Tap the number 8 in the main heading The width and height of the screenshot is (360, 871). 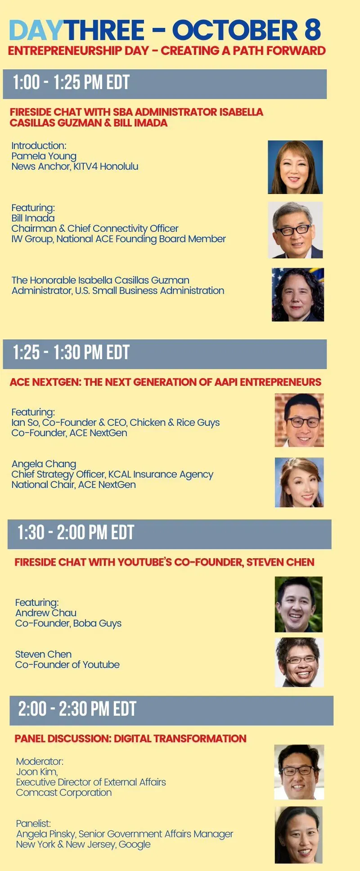(312, 30)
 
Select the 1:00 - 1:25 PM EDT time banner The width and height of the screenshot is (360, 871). (165, 84)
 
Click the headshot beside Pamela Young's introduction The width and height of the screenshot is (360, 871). (295, 167)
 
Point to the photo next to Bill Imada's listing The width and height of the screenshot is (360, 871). (295, 230)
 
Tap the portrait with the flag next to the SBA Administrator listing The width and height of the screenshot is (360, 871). (298, 295)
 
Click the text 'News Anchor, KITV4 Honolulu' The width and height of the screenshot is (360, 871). (75, 167)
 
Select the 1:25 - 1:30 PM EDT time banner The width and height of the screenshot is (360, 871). (165, 354)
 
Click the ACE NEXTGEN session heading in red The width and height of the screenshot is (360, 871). (166, 382)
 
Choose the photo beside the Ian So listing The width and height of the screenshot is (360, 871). (299, 420)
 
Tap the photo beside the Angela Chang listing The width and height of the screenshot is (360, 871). (299, 483)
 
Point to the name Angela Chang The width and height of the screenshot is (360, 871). (44, 464)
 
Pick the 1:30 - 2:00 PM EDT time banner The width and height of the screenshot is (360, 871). (169, 534)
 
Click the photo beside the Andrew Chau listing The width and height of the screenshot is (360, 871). (299, 604)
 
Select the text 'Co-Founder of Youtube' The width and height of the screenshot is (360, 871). (67, 665)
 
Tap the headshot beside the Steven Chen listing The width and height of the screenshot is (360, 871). (299, 662)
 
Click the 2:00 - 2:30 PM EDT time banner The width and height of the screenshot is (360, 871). (171, 710)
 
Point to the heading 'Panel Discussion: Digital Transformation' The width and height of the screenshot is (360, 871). (130, 739)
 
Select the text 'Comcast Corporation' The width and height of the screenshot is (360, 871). (64, 793)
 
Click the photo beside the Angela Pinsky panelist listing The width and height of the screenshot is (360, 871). (299, 835)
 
